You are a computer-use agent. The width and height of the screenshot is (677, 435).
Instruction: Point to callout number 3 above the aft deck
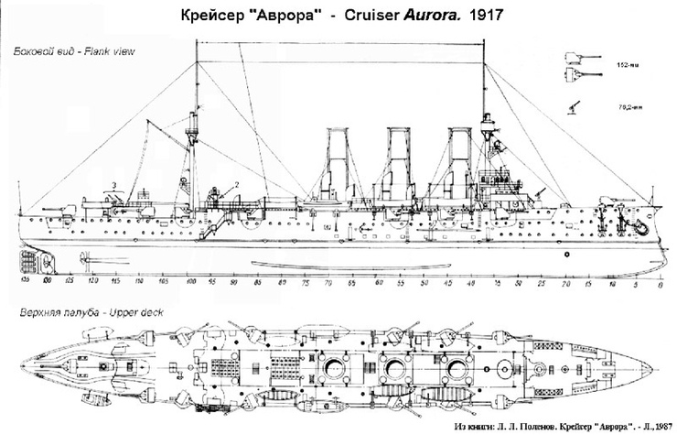(113, 187)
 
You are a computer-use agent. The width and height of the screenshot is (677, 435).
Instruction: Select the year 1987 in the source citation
(662, 428)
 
